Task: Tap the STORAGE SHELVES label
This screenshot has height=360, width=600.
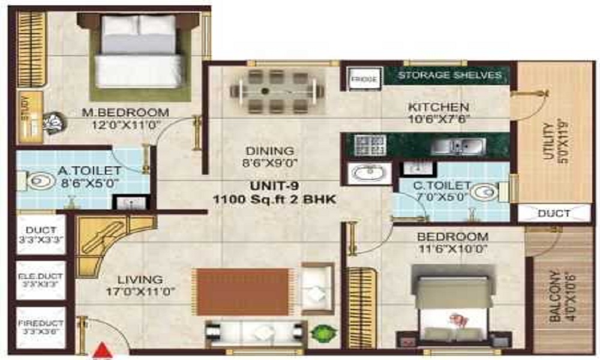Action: tap(449, 75)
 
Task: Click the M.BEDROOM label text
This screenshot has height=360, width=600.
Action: tap(125, 112)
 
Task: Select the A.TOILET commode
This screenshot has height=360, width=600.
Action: tap(37, 180)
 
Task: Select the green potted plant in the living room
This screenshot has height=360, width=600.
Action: tap(322, 331)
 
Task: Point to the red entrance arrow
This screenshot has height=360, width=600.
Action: tap(104, 350)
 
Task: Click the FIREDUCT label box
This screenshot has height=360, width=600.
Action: tap(41, 328)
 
